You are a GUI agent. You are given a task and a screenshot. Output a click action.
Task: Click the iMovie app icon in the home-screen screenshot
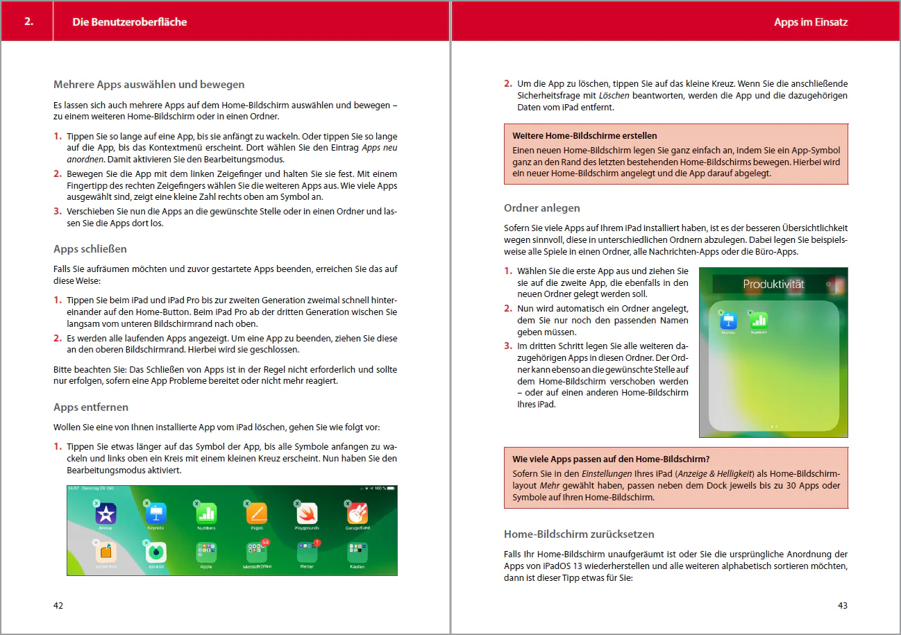[x=106, y=514]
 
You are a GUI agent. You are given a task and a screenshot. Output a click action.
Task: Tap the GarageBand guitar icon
[x=357, y=514]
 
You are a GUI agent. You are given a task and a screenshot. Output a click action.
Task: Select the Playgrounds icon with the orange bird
[x=307, y=514]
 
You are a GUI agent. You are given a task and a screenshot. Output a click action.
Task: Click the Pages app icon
[x=257, y=514]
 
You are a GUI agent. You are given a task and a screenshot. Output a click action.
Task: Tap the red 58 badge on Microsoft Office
[x=265, y=541]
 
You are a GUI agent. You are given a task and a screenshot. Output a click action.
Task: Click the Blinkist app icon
[x=155, y=552]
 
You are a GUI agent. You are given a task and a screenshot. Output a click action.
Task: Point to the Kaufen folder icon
[x=357, y=553]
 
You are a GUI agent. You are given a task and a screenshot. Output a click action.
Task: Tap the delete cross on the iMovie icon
[x=96, y=503]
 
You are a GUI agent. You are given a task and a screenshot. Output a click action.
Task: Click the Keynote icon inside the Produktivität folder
[x=727, y=321]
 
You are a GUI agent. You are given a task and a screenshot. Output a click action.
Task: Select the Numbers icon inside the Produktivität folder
[x=759, y=321]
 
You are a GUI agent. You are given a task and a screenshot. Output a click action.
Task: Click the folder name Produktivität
[x=773, y=285]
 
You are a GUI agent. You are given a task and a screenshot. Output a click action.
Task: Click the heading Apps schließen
[x=90, y=248]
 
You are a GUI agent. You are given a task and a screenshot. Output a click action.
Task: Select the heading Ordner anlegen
[x=541, y=208]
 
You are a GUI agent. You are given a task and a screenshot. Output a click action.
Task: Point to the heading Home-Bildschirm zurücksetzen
[x=579, y=534]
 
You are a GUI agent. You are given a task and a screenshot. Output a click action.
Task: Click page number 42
[x=58, y=605]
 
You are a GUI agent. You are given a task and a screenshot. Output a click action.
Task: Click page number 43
[x=843, y=605]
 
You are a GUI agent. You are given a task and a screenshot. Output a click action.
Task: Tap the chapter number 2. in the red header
[x=28, y=22]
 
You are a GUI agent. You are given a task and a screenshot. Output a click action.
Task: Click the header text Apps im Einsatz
[x=811, y=22]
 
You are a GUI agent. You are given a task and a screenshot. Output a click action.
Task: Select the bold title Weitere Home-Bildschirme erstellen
[x=584, y=135]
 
